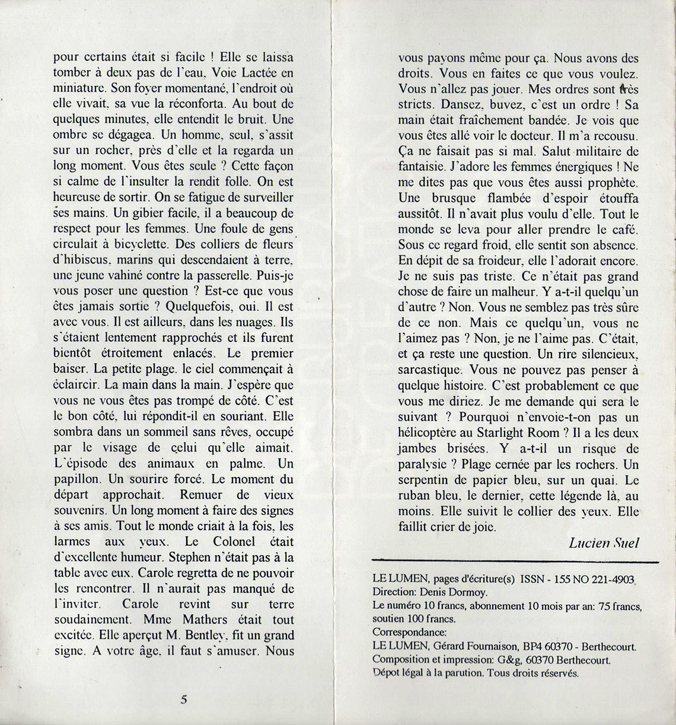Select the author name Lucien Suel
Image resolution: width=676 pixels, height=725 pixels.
[604, 543]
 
